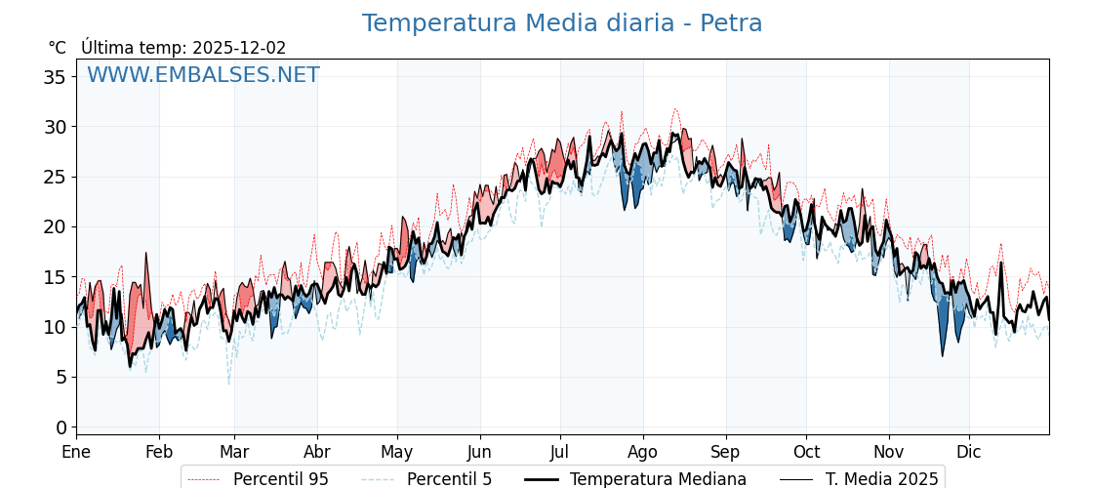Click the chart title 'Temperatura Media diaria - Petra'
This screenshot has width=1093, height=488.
(562, 23)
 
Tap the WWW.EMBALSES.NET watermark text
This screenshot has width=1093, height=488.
(203, 75)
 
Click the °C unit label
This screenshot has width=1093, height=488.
(57, 48)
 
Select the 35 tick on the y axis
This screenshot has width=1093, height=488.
(55, 77)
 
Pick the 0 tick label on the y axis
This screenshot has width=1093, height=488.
(61, 427)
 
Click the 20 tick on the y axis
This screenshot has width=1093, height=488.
(55, 227)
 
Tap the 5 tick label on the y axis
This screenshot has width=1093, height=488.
(61, 378)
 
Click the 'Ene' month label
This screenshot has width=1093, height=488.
(76, 453)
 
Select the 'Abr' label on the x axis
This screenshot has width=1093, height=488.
(317, 453)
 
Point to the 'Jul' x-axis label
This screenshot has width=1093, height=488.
(560, 453)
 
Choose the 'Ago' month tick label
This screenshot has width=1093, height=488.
(643, 453)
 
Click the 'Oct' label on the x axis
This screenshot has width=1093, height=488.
(806, 453)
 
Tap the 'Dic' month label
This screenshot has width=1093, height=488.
(969, 453)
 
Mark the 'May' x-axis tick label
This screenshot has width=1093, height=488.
(397, 453)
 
